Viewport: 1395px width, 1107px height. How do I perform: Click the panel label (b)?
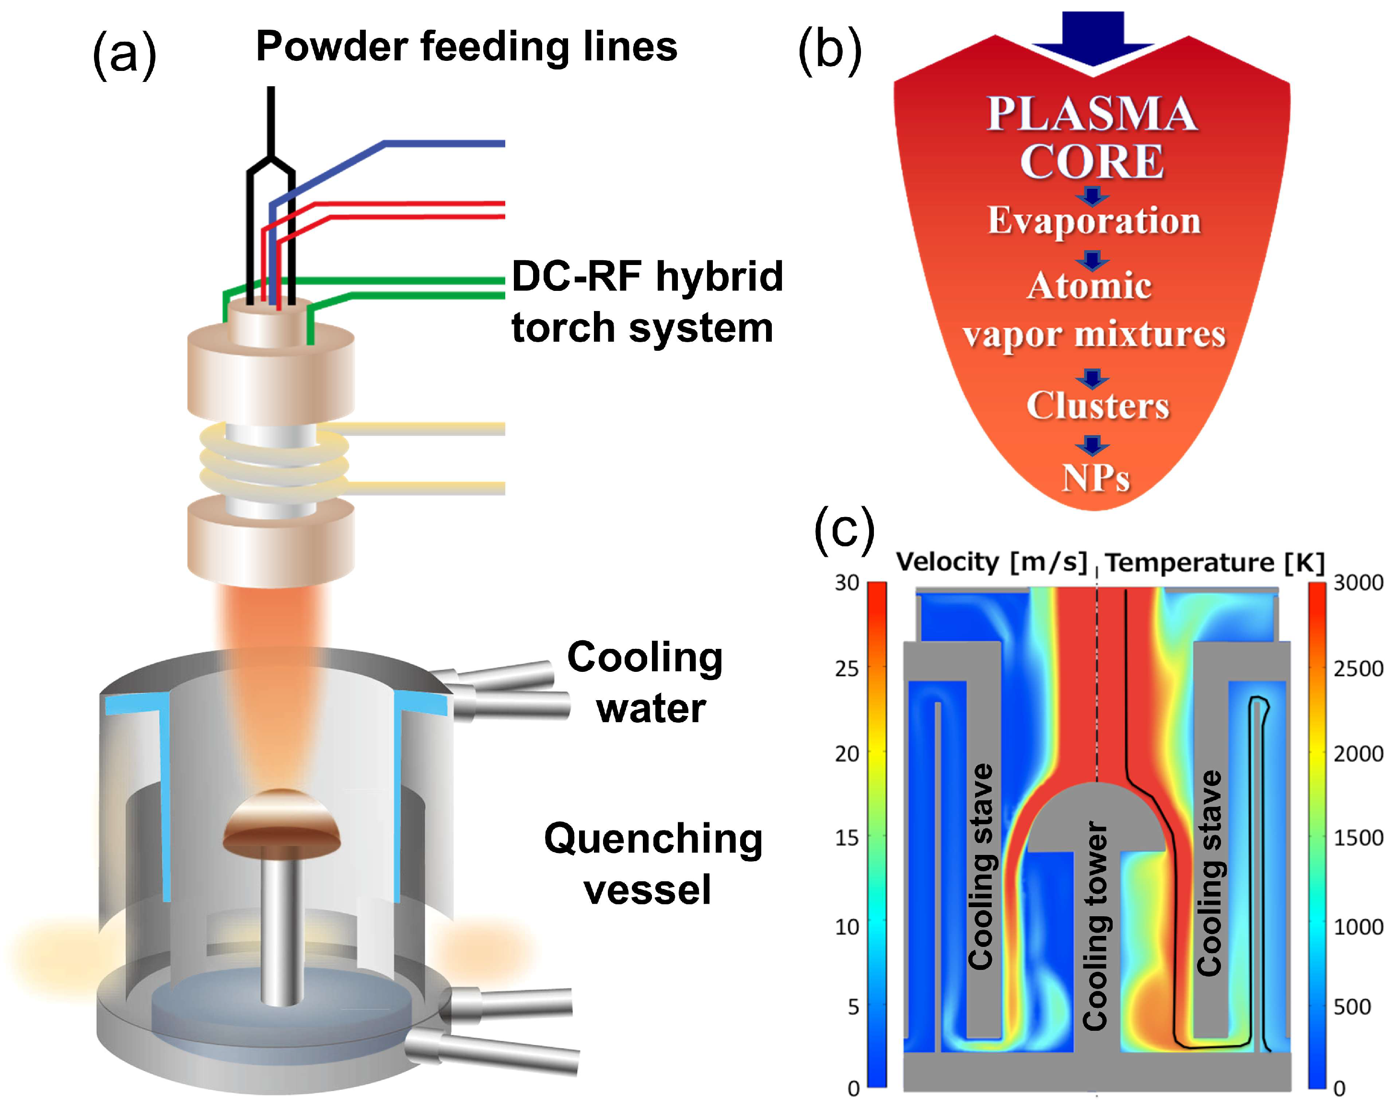click(x=829, y=50)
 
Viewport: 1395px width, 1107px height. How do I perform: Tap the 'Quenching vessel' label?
click(x=652, y=864)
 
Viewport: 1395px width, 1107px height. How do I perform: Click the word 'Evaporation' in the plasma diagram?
click(x=1093, y=220)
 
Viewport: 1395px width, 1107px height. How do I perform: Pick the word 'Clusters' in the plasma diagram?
click(x=1097, y=406)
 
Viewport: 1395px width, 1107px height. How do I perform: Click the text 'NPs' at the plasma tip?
click(x=1095, y=479)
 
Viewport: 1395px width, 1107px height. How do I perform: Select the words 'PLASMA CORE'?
click(x=1092, y=137)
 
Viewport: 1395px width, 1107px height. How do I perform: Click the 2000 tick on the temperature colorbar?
click(x=1358, y=754)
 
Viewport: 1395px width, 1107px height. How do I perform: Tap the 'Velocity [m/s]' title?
click(x=990, y=562)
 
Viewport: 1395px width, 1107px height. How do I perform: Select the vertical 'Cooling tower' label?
click(x=1095, y=925)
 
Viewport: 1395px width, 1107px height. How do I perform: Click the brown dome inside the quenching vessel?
click(x=281, y=822)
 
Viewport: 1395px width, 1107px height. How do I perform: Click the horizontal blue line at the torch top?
click(x=446, y=143)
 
